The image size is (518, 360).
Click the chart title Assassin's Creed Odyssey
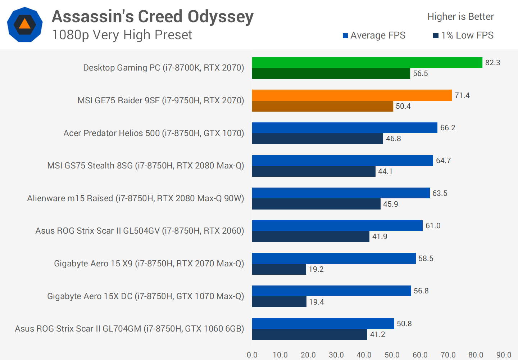click(x=153, y=17)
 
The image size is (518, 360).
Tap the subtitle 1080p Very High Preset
click(x=122, y=35)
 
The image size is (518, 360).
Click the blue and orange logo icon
click(x=25, y=24)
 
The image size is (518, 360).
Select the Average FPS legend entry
click(x=374, y=35)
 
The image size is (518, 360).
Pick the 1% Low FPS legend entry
click(x=463, y=35)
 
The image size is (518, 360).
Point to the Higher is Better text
click(x=460, y=17)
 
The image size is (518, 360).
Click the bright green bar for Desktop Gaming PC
click(x=367, y=63)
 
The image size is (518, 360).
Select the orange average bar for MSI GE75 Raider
click(x=352, y=95)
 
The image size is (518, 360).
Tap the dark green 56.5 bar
click(x=331, y=73)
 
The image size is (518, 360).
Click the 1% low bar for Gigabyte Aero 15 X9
click(x=279, y=269)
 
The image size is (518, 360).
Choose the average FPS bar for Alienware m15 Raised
click(x=341, y=193)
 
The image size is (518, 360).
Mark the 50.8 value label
click(x=404, y=324)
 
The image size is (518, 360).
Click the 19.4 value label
click(x=317, y=302)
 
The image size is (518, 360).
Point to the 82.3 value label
click(x=492, y=63)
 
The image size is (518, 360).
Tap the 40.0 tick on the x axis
click(x=364, y=355)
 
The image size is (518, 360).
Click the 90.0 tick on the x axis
click(x=504, y=355)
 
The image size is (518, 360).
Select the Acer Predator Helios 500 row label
click(x=154, y=133)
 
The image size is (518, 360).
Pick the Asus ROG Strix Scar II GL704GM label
click(x=129, y=329)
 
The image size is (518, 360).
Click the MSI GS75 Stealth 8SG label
click(x=146, y=166)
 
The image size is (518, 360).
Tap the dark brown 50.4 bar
click(x=323, y=106)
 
